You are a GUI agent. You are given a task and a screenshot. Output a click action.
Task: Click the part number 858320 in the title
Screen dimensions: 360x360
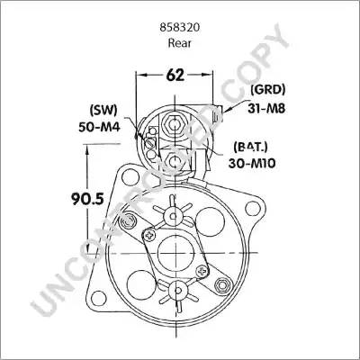coord(180,28)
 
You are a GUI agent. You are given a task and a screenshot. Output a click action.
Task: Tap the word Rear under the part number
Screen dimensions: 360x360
coord(179,43)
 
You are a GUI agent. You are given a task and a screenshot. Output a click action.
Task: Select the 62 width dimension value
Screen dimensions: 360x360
coord(175,75)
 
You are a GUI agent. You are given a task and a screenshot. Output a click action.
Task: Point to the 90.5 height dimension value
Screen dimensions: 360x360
coord(87,199)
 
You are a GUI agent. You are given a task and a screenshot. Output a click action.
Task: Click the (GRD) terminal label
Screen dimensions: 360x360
coord(268,89)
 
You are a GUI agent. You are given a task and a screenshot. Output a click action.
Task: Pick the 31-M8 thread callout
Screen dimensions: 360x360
coord(266,108)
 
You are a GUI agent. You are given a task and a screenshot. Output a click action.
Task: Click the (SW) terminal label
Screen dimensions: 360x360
coord(103,111)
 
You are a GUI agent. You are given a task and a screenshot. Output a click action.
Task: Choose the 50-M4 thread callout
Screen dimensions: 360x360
coord(99,127)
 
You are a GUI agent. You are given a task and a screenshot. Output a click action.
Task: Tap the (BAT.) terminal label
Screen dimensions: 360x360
coord(250,147)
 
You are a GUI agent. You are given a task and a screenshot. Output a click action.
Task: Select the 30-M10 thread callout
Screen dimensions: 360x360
coord(252,164)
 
